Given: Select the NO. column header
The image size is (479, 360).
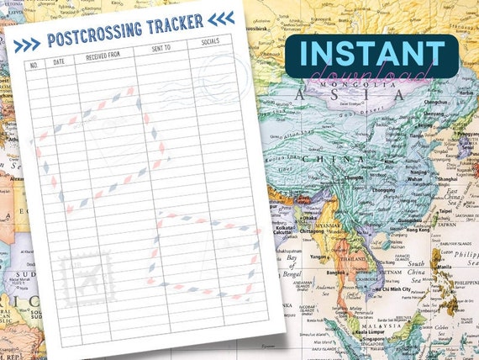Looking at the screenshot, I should [34, 64].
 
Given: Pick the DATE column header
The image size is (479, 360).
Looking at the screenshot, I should [59, 61].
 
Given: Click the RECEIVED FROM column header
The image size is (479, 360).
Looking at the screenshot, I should [103, 56].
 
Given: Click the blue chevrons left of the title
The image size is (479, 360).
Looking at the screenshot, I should [27, 45].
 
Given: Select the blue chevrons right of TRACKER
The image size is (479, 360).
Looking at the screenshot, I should [221, 18].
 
